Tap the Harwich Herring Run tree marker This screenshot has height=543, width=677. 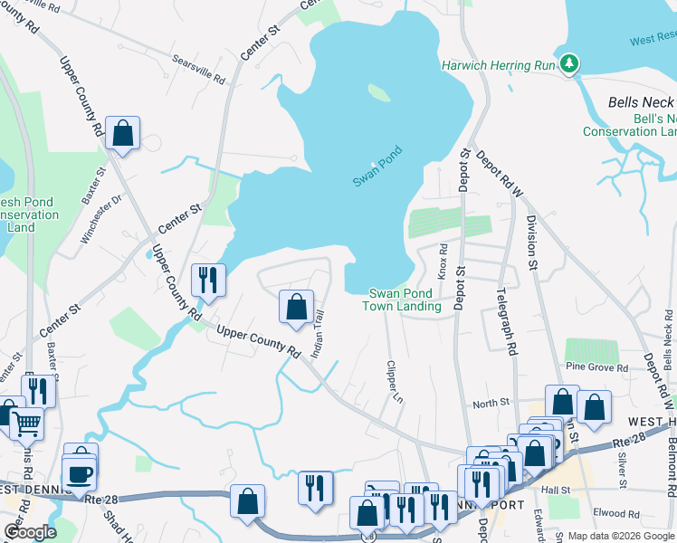pyautogui.click(x=568, y=64)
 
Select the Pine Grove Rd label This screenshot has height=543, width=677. pyautogui.click(x=596, y=368)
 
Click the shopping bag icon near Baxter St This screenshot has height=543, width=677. pyautogui.click(x=122, y=133)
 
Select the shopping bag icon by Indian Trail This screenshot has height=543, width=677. pyautogui.click(x=296, y=307)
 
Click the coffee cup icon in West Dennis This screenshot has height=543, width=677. pyautogui.click(x=79, y=473)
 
